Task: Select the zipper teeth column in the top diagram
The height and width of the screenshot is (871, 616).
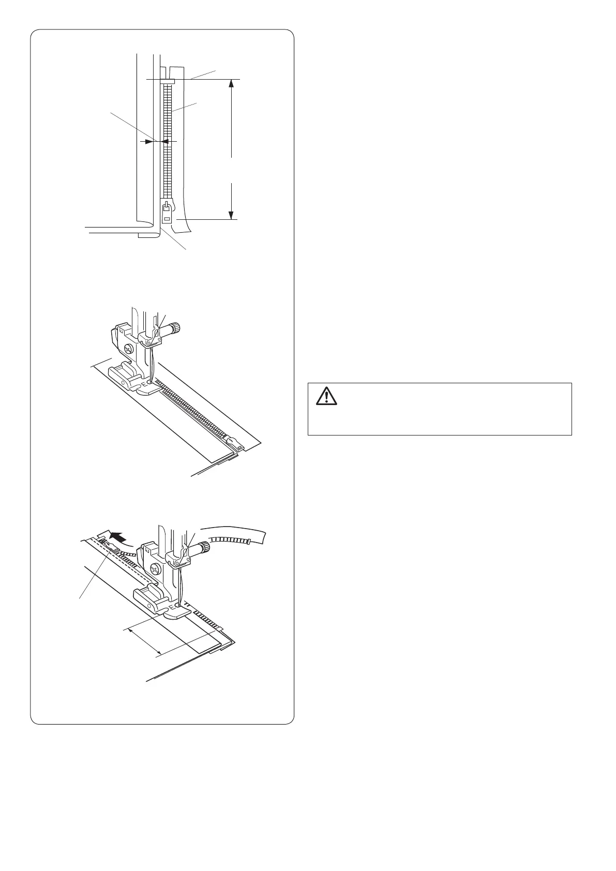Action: tap(167, 140)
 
